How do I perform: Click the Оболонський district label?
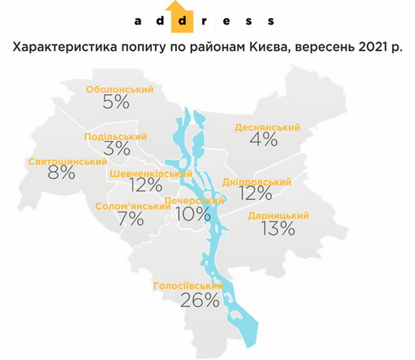click(x=120, y=89)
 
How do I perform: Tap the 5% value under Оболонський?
click(x=116, y=102)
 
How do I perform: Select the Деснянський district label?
click(x=263, y=125)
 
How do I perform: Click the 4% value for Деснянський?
click(x=263, y=139)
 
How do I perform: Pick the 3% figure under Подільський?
click(x=116, y=149)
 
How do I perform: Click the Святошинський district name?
click(x=56, y=162)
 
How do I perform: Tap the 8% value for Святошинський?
click(x=61, y=173)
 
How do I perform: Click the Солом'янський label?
click(x=133, y=206)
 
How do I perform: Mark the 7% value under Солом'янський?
click(x=131, y=219)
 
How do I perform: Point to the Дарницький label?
click(x=278, y=216)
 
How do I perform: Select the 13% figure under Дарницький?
click(x=277, y=228)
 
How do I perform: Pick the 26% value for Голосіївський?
click(x=200, y=300)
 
